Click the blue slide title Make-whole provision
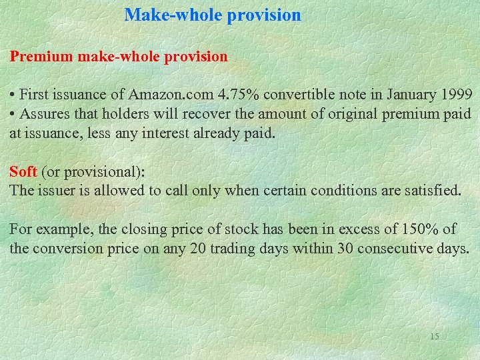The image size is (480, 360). click(213, 15)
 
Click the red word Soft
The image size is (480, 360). click(23, 171)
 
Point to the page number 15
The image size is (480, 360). click(434, 336)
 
